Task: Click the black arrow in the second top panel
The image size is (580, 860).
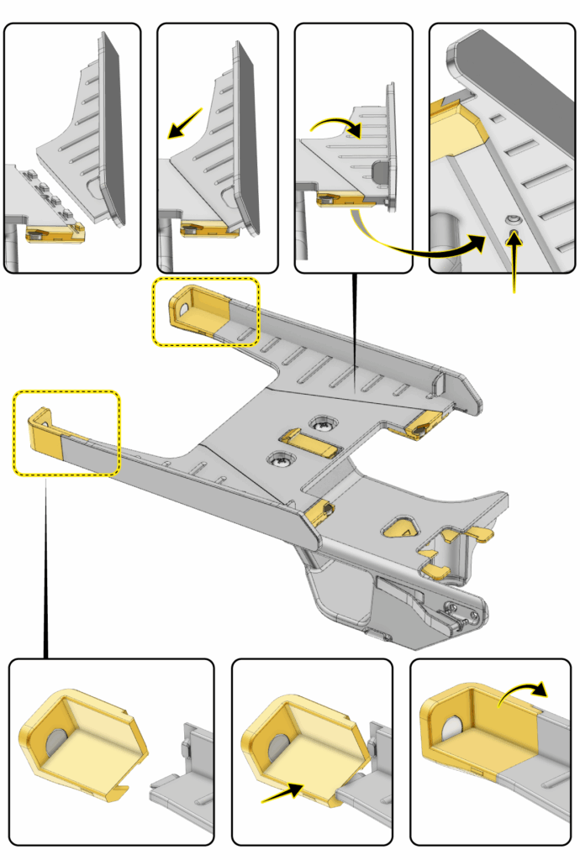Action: [185, 123]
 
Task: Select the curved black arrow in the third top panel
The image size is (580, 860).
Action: [336, 126]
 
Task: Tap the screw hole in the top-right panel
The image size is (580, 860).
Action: [512, 219]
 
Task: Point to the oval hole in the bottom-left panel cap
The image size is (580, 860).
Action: [56, 742]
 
